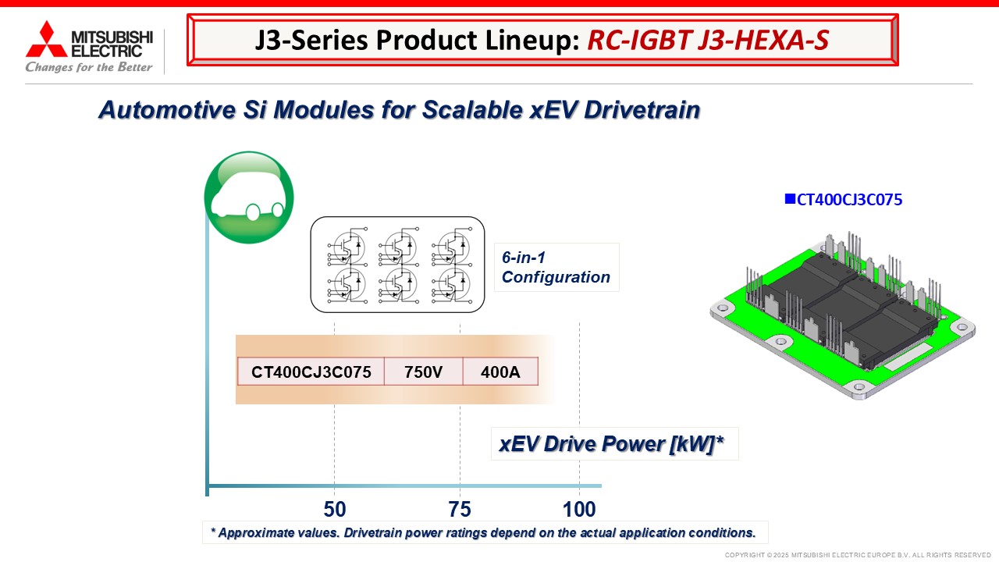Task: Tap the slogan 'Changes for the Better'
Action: [x=89, y=67]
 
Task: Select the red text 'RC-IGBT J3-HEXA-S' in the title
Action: [x=708, y=40]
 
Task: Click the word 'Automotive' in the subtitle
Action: [x=167, y=110]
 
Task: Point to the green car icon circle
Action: [x=249, y=197]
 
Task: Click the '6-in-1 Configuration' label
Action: [x=556, y=267]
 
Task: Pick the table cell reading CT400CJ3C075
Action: [x=311, y=372]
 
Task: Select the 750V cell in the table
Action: [x=423, y=372]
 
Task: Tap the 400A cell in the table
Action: [x=500, y=372]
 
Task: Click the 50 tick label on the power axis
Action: [x=335, y=510]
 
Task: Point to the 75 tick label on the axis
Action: [x=460, y=510]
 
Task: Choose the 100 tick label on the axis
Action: [x=579, y=510]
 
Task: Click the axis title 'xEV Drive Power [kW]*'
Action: [x=611, y=444]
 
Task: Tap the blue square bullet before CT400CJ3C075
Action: [x=790, y=199]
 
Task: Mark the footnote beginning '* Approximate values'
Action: [x=483, y=532]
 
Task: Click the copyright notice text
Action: [x=858, y=555]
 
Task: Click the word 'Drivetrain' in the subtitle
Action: [x=642, y=110]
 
